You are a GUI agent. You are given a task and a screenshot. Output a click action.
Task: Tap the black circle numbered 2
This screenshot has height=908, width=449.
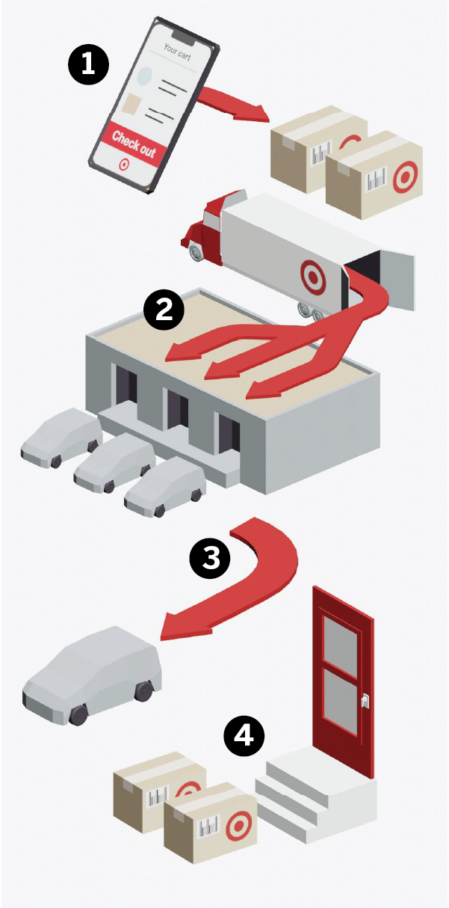point(163,310)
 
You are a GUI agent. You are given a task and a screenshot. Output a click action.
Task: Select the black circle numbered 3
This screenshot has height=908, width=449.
point(211,558)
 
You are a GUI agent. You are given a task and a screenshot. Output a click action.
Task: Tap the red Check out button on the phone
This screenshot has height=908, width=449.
point(134,144)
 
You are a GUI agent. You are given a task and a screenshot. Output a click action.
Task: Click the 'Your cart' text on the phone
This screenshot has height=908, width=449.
point(178,52)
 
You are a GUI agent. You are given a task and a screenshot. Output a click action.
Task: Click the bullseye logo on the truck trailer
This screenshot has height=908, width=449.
point(313,275)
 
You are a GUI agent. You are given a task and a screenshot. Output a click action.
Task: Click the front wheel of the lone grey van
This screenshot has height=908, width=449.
point(78,714)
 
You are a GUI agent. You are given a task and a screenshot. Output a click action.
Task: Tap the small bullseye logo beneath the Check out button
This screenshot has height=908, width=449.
point(123,163)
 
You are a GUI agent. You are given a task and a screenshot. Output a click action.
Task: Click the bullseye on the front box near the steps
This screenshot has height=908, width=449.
point(235,825)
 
